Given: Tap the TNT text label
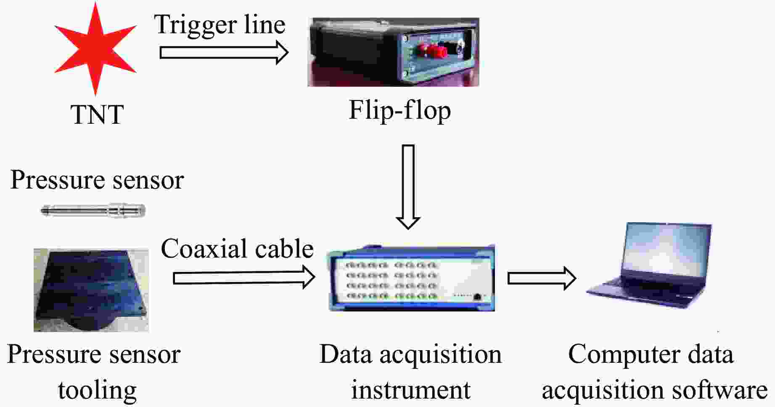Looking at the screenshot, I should click(x=97, y=114).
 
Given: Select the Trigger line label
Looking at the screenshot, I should click(x=220, y=24).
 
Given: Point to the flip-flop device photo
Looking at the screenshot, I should click(x=393, y=52).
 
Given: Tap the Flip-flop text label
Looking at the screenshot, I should click(x=399, y=110).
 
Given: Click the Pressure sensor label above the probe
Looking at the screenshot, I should click(x=97, y=180).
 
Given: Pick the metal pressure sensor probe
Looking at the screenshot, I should click(x=93, y=210).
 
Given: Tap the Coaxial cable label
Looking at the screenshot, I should click(x=237, y=249).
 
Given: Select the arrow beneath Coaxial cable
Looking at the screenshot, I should click(x=244, y=278).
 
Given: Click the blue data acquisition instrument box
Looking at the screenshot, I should click(x=411, y=278).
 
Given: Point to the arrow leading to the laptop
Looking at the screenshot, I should click(x=541, y=278).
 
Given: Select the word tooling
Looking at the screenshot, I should click(x=97, y=391).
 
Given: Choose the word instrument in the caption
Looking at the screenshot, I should click(x=410, y=390).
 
